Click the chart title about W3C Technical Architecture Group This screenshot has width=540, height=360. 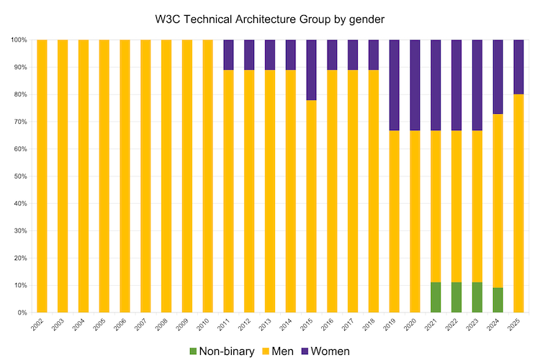269,20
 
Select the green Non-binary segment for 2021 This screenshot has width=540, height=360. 436,297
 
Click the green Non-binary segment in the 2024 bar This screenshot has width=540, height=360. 498,300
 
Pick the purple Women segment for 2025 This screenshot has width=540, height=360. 518,67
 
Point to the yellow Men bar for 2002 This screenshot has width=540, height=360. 42,176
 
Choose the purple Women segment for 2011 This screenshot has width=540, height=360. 228,55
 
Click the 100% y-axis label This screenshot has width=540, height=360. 17,40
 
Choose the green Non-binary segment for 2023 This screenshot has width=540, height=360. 477,297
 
